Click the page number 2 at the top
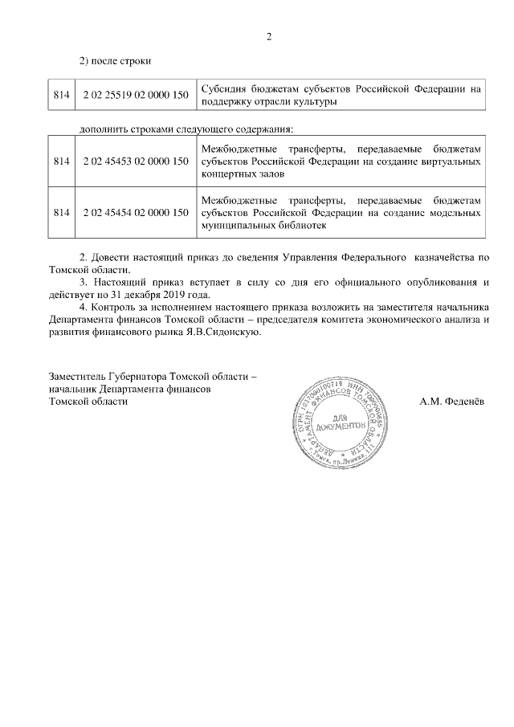pos(270,36)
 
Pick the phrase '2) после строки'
pos(114,61)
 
